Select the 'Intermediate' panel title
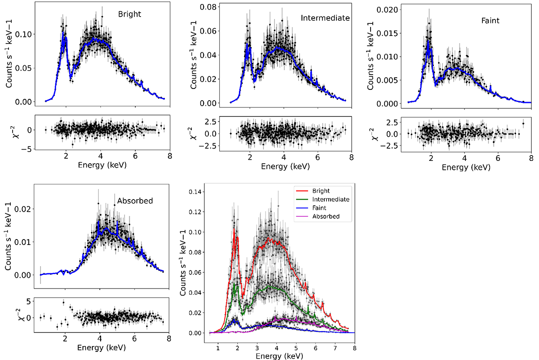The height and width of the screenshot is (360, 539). [x=325, y=18]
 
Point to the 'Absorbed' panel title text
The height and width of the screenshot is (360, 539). [x=135, y=201]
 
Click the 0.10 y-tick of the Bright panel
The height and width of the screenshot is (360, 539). [x=22, y=34]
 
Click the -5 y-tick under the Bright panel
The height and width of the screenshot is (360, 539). [x=26, y=149]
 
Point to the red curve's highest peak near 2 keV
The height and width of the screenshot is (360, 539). [x=234, y=229]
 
